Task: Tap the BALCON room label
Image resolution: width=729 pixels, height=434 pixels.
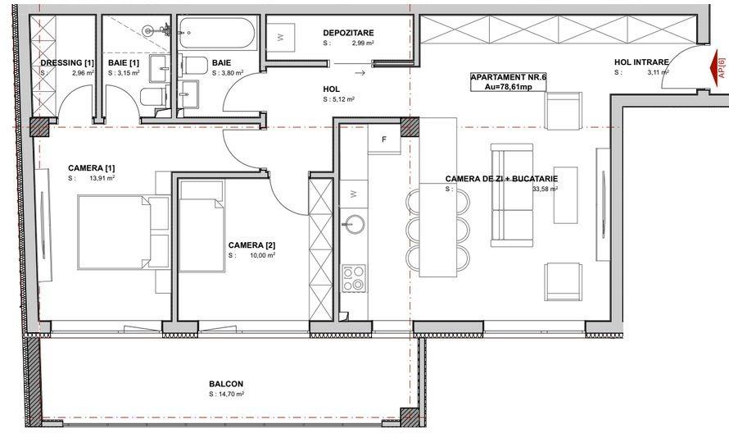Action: click(226, 384)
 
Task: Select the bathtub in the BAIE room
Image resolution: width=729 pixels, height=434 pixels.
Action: click(217, 34)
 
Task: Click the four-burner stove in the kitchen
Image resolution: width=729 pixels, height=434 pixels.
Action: click(354, 278)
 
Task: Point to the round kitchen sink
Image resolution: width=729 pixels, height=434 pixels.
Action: click(353, 224)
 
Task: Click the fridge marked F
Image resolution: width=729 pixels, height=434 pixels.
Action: click(384, 139)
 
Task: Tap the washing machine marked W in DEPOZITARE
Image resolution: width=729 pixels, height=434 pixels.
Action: click(280, 37)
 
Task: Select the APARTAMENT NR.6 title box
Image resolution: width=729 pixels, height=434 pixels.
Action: click(508, 82)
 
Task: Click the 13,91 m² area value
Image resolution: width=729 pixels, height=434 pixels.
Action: click(102, 178)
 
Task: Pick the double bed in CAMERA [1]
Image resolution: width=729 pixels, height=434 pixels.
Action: click(123, 232)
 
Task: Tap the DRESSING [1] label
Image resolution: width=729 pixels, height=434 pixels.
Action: click(67, 62)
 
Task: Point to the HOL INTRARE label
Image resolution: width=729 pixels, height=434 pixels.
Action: click(641, 62)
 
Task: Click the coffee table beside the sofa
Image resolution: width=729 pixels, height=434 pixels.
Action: click(565, 195)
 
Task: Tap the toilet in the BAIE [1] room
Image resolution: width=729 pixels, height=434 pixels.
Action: click(153, 97)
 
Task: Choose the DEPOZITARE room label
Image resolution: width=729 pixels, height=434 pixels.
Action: click(348, 33)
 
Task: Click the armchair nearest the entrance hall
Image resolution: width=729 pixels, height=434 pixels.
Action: click(563, 111)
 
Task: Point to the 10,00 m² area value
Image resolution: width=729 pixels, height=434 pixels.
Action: click(262, 255)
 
